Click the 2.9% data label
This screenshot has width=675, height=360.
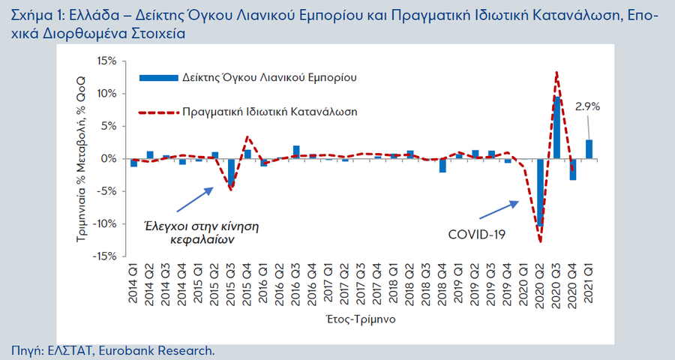(587, 107)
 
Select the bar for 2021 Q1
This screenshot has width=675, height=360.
(589, 149)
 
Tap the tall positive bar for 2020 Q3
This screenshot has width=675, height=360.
(556, 127)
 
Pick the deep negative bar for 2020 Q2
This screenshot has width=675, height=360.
(540, 192)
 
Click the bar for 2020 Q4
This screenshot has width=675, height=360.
(573, 169)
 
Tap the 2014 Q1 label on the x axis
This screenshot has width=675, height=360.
(133, 283)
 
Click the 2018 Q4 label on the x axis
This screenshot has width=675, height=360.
(442, 283)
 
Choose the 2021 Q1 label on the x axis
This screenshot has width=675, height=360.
(589, 283)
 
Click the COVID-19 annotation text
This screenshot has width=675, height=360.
(477, 235)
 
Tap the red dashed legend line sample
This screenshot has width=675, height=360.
(157, 112)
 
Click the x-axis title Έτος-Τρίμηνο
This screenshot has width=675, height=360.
(361, 318)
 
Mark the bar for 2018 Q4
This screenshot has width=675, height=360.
(442, 166)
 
